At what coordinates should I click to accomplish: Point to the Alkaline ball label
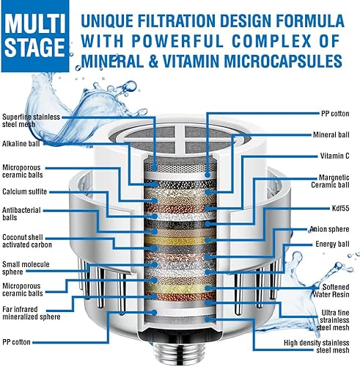(x=24, y=143)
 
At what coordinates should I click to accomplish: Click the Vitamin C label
(x=335, y=156)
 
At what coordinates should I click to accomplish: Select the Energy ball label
(x=334, y=244)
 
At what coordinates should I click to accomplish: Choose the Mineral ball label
(x=331, y=135)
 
